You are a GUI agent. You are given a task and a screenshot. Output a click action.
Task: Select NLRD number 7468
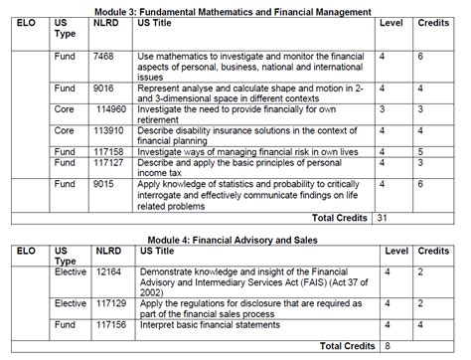tap(104, 57)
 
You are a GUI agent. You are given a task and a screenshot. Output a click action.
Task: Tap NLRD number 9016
tap(104, 88)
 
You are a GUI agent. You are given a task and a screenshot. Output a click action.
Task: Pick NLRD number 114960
tap(109, 108)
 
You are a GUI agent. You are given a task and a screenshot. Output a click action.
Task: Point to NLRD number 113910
tap(109, 129)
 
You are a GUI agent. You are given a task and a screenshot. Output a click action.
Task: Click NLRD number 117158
tap(109, 150)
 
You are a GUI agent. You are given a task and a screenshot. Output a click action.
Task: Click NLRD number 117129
tap(109, 303)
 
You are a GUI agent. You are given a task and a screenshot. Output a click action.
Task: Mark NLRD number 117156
tap(109, 324)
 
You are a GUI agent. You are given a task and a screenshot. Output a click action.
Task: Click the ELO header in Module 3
tap(28, 21)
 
